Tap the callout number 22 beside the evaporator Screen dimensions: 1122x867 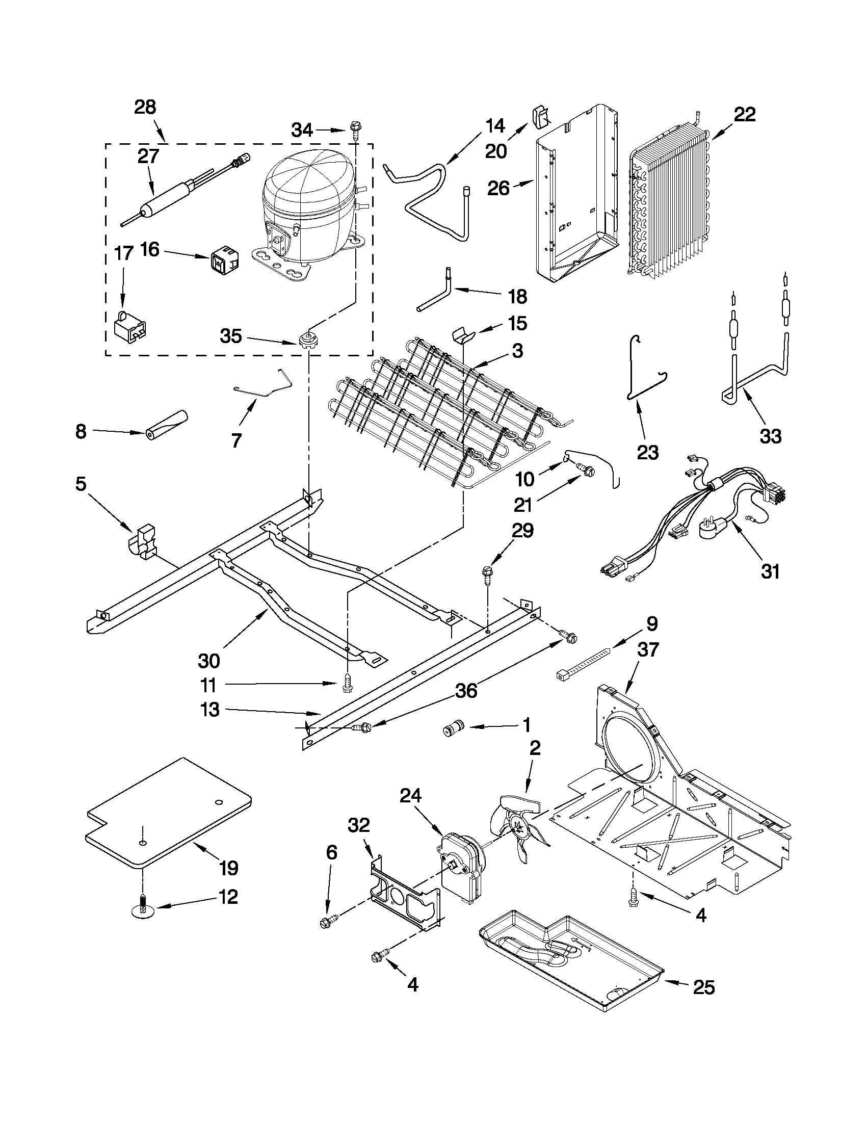pos(744,115)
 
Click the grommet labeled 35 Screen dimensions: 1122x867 pos(307,341)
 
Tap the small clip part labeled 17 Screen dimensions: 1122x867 pos(129,327)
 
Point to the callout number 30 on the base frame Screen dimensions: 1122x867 pos(208,661)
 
